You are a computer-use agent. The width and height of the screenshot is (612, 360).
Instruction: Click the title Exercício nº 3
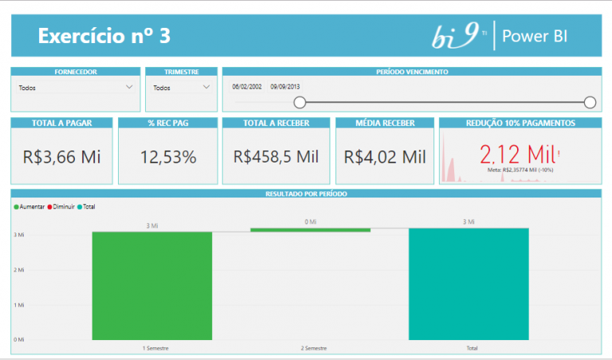pos(104,37)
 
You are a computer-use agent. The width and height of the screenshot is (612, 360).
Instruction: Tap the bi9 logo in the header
pos(457,36)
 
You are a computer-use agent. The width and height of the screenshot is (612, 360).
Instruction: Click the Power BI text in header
pos(535,37)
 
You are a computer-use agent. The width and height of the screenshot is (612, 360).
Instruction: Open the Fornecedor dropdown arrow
pos(130,88)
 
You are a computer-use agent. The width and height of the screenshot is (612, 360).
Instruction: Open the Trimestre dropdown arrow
pos(206,88)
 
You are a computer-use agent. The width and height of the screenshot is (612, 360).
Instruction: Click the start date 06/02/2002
pos(248,87)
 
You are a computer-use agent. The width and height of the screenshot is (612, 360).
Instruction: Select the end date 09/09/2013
pos(285,87)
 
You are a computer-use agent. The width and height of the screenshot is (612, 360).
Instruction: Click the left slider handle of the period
pos(300,102)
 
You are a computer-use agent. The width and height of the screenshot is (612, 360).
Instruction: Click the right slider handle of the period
pos(590,102)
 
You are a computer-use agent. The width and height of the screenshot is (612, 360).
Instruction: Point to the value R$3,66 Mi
pos(62,156)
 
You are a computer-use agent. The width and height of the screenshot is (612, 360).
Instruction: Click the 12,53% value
pos(168,156)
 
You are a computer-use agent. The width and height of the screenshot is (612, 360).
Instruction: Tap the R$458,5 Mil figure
pos(276,156)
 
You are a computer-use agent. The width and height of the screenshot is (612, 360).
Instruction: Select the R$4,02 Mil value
pos(385,156)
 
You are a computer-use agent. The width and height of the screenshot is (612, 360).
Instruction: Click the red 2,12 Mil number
pos(516,152)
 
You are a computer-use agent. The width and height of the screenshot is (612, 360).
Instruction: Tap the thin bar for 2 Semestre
pos(310,230)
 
